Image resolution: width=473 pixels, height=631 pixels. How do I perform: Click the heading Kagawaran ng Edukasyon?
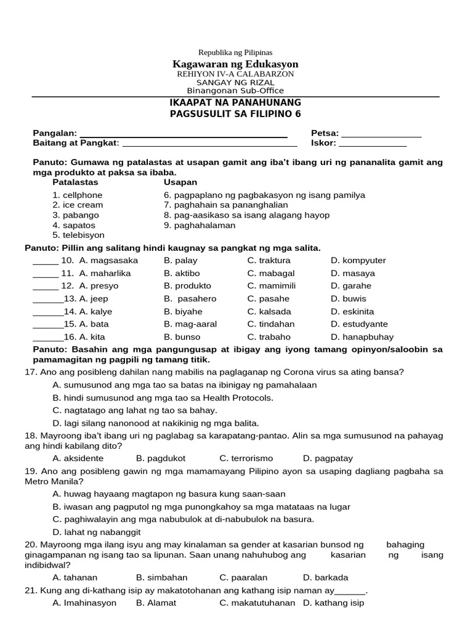click(235, 64)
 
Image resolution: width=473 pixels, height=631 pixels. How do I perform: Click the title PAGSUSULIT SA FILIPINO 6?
click(235, 114)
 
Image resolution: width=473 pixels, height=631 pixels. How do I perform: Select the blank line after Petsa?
click(381, 134)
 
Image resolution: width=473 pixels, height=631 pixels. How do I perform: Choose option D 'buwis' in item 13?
click(348, 299)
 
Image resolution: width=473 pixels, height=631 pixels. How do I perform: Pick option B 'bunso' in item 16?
click(181, 337)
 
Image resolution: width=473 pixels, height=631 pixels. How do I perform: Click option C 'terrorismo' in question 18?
click(246, 458)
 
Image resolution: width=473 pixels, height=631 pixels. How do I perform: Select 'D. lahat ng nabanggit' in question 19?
click(97, 532)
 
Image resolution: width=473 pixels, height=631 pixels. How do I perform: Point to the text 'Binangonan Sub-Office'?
click(235, 90)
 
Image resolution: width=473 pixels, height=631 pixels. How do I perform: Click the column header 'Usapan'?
click(180, 182)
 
